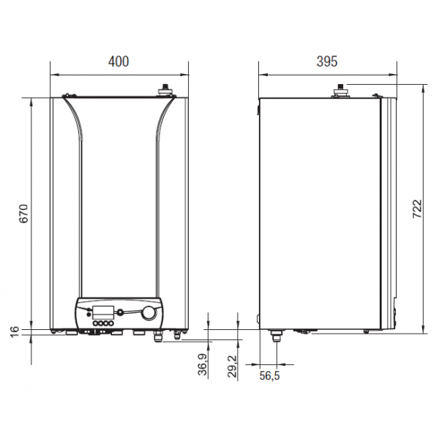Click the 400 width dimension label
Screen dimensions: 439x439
pyautogui.click(x=119, y=61)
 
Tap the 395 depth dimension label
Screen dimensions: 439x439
pyautogui.click(x=327, y=61)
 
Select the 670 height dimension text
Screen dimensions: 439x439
pyautogui.click(x=24, y=214)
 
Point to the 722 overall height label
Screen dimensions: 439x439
pyautogui.click(x=417, y=209)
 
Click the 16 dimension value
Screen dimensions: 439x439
pyautogui.click(x=15, y=331)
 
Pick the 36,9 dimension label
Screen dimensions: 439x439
pyautogui.click(x=203, y=364)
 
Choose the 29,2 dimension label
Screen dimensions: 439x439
pyautogui.click(x=232, y=367)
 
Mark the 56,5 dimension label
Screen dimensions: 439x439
pyautogui.click(x=269, y=375)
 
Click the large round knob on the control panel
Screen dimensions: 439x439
pyautogui.click(x=149, y=313)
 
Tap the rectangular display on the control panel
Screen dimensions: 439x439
pyautogui.click(x=103, y=312)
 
